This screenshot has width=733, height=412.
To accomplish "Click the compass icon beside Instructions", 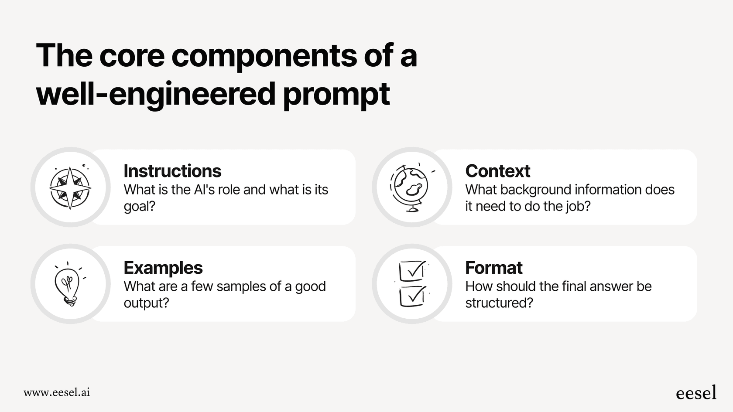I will pos(70,187).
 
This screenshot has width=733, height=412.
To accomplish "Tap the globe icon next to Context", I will pos(410,187).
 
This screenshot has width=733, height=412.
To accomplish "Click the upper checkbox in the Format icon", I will pos(411,271).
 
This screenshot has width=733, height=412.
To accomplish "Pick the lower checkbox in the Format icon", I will pos(412,296).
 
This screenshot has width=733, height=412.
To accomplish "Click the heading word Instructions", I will pos(172,171).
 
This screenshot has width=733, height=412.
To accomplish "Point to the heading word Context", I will pos(497,171).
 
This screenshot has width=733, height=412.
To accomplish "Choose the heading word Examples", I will pos(163,268).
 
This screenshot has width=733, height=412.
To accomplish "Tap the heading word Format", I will pos(493,268).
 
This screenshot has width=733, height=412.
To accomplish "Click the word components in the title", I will pos(264,56).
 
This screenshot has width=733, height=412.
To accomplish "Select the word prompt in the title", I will pos(336,94).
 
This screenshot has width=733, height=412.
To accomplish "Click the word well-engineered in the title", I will pos(156,94).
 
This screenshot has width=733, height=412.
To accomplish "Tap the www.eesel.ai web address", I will pos(57,392).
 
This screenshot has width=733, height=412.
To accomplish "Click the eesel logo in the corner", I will pos(696,393).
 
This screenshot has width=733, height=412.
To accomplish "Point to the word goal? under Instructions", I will pos(139,206).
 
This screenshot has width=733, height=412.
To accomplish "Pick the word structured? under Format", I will pos(499,303).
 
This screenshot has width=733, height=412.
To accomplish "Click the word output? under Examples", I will pos(146,303).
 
